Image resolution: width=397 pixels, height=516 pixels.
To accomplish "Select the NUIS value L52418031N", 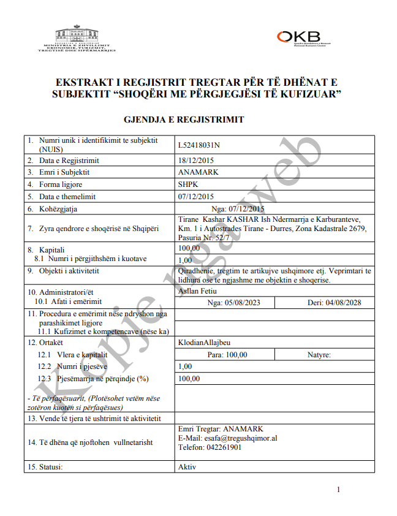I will click(198, 145).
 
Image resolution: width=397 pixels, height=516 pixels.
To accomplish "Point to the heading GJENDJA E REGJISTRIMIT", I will click(184, 120).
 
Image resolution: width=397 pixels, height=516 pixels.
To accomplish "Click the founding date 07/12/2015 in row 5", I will click(195, 197).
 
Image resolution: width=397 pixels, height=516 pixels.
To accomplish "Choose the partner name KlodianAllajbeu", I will click(205, 343).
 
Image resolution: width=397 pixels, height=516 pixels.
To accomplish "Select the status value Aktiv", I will click(187, 466).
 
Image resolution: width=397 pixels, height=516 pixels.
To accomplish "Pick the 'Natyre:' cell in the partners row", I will click(319, 355).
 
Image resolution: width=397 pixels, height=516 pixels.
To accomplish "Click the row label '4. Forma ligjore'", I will click(56, 184).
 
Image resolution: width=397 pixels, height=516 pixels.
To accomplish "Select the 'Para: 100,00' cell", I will click(227, 355).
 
